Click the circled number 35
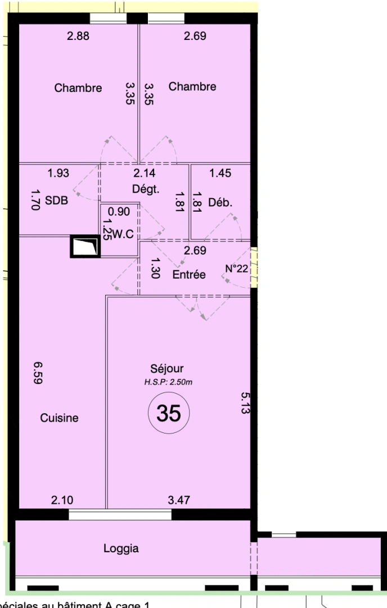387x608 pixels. [169, 413]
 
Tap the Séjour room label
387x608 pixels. [167, 369]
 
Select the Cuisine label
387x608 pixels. [59, 418]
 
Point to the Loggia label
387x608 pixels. [121, 548]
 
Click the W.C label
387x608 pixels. [123, 235]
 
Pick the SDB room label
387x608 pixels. [56, 201]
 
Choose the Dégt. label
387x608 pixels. [146, 189]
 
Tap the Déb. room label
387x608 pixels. [220, 202]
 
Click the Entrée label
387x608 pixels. [189, 275]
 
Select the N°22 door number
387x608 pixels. [237, 269]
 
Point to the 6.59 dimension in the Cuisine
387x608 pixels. [38, 373]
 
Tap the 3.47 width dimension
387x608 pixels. [179, 500]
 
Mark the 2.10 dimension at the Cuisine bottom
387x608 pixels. [61, 500]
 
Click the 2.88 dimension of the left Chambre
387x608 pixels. [78, 37]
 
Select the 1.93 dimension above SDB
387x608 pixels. [58, 173]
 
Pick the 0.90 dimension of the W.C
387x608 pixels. [119, 212]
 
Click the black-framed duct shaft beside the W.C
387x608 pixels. [85, 247]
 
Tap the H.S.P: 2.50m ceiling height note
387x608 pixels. [168, 383]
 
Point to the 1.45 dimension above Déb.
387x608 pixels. [220, 173]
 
